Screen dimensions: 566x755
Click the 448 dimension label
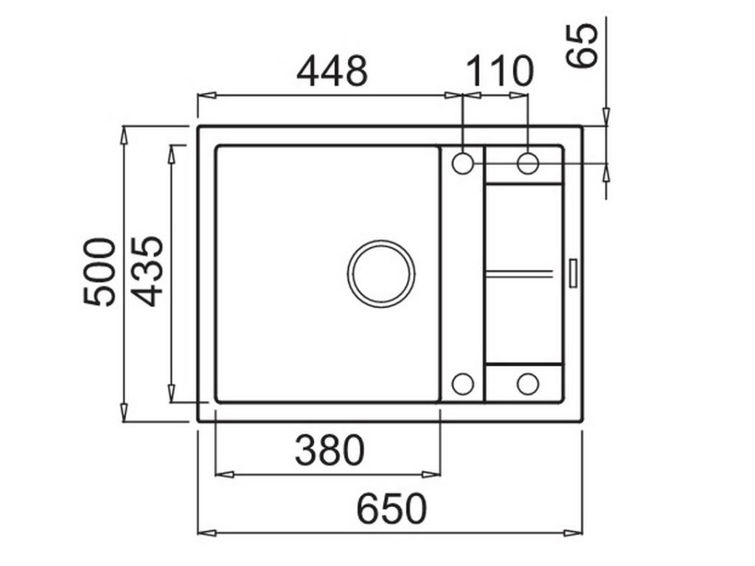(x=332, y=71)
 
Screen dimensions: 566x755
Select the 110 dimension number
(x=499, y=71)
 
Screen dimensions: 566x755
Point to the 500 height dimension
(x=100, y=272)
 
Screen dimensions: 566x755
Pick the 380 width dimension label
(x=330, y=450)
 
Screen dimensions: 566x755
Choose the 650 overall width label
(x=392, y=509)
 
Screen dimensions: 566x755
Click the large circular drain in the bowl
(x=381, y=273)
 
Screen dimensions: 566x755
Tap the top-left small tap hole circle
(x=462, y=163)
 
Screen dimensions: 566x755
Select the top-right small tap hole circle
(x=528, y=163)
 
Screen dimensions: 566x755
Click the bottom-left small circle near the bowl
(x=462, y=383)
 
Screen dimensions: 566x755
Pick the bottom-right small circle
(x=528, y=383)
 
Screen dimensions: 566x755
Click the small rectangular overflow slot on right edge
(x=574, y=273)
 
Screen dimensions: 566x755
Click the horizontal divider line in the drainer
(x=519, y=273)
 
